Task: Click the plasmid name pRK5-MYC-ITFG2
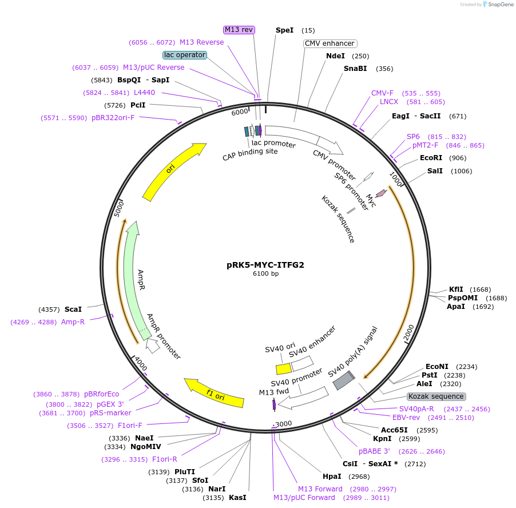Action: click(x=265, y=265)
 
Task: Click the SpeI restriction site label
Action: click(x=284, y=30)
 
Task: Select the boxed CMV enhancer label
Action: click(x=330, y=43)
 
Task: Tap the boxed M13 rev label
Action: click(x=239, y=30)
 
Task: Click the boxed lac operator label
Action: click(x=184, y=55)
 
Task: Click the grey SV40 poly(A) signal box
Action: click(x=344, y=380)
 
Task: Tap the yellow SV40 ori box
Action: click(x=283, y=369)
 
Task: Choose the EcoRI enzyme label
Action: click(x=431, y=158)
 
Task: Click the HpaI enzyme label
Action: click(x=332, y=477)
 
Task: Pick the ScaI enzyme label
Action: click(x=73, y=309)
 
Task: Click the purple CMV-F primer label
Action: click(x=382, y=93)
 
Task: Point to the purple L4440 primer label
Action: click(x=144, y=92)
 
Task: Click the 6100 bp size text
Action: click(x=265, y=274)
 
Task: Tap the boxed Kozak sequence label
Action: click(x=436, y=396)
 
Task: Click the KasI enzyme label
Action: click(x=237, y=498)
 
